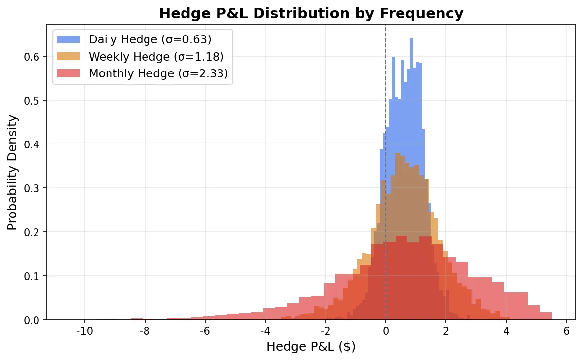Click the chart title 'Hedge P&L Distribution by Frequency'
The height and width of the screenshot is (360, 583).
click(311, 13)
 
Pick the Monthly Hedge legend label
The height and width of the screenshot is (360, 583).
click(158, 74)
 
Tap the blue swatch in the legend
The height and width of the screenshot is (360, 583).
click(69, 39)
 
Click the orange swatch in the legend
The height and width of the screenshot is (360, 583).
click(69, 57)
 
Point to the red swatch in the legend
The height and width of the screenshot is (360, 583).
click(69, 74)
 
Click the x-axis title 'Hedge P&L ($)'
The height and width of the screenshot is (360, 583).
click(311, 347)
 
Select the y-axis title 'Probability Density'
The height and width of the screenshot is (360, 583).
click(12, 172)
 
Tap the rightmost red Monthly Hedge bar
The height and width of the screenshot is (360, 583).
click(546, 316)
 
